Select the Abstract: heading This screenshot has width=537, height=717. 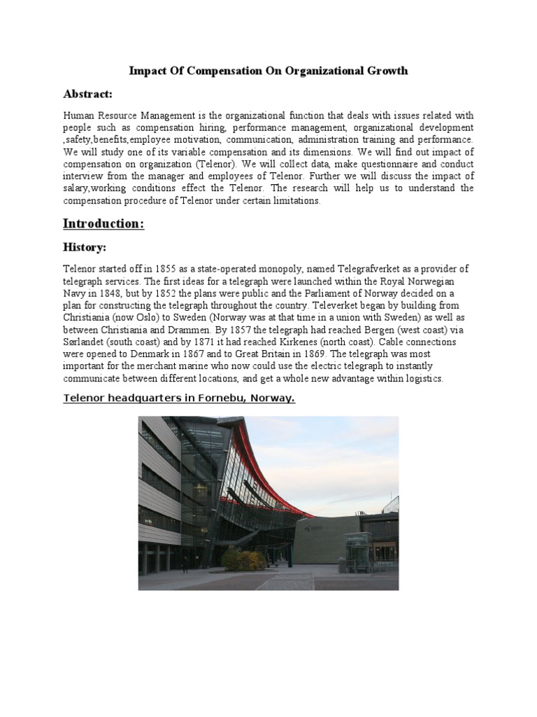pyautogui.click(x=87, y=94)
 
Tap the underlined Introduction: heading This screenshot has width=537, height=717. pyautogui.click(x=103, y=223)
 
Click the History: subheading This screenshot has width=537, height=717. pyautogui.click(x=84, y=249)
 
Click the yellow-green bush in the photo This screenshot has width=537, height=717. pyautogui.click(x=244, y=559)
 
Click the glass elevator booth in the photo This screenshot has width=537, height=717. pyautogui.click(x=359, y=553)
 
